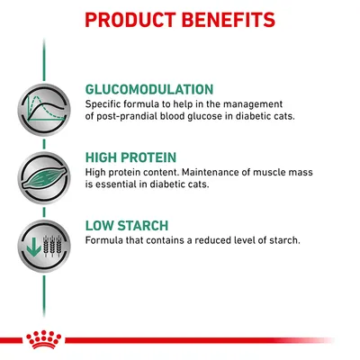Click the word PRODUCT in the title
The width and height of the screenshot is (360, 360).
(x=130, y=19)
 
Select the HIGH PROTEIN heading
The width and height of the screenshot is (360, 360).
(x=130, y=157)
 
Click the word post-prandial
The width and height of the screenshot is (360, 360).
(x=119, y=114)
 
